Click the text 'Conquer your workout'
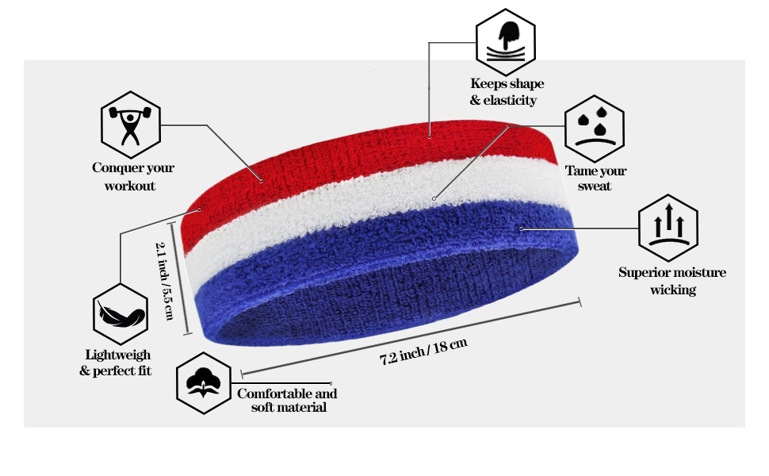(x=132, y=177)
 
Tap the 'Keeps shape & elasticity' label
(x=507, y=92)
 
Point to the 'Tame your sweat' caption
(x=595, y=178)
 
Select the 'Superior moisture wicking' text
(x=672, y=281)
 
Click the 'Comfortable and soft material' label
(x=287, y=401)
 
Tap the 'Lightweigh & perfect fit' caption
(x=116, y=363)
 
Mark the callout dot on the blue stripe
(x=521, y=228)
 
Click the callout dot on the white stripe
(x=434, y=198)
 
